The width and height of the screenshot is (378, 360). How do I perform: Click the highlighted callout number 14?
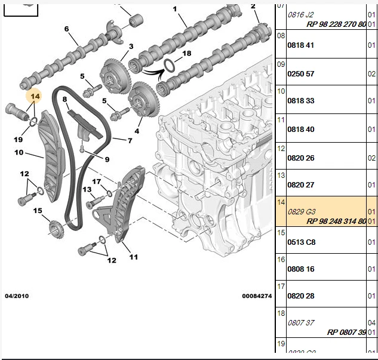(x=35, y=96)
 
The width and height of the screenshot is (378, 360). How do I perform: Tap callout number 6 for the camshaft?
(x=66, y=29)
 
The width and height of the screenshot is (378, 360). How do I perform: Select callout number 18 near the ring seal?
(x=187, y=54)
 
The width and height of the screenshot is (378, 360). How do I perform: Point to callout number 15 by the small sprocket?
(x=37, y=211)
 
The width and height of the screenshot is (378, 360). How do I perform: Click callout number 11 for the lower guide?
(x=133, y=257)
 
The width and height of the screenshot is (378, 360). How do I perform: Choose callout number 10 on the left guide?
(x=19, y=153)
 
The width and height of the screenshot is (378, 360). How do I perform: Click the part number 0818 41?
(x=302, y=45)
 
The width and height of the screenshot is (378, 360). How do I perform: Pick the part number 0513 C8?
(x=302, y=242)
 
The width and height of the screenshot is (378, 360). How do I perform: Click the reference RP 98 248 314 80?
(x=336, y=221)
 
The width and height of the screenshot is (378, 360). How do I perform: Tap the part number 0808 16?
(x=302, y=269)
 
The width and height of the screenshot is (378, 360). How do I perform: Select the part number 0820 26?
(x=302, y=158)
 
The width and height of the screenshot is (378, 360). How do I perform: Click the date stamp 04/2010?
(x=17, y=296)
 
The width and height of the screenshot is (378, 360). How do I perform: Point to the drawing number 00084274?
(x=257, y=296)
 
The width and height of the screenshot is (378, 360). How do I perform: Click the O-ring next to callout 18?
(x=170, y=65)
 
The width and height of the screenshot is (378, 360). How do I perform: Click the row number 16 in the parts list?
(x=281, y=260)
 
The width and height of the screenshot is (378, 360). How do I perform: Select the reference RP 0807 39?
(x=346, y=332)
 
